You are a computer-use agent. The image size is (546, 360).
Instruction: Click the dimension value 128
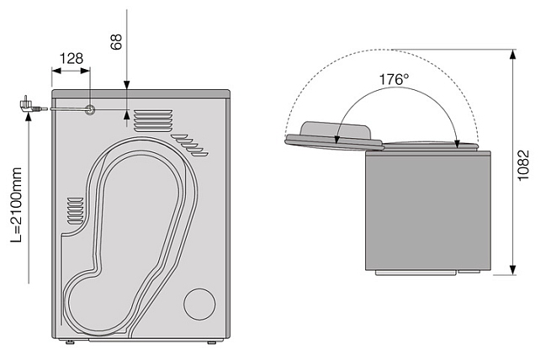72,59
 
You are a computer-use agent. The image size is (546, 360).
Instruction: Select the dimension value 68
116,42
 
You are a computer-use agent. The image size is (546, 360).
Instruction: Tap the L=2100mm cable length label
16,205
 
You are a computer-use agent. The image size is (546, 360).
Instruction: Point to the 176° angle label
394,79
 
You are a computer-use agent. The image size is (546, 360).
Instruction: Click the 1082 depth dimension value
523,165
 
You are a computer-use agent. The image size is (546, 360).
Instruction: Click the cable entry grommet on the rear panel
90,109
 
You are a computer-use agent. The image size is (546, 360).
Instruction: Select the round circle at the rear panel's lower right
199,304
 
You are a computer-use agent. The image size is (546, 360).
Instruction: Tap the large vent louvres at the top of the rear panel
153,121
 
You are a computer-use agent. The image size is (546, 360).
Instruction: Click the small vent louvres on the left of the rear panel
75,210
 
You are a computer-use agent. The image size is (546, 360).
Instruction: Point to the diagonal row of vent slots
190,145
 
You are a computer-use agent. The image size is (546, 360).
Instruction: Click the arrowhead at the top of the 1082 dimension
512,55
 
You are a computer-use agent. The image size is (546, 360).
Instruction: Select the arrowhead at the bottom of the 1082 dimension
512,270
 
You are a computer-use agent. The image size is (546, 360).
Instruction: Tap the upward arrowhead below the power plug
29,116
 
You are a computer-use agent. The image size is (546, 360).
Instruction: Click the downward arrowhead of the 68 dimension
126,85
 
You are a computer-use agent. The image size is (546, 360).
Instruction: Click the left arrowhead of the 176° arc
337,140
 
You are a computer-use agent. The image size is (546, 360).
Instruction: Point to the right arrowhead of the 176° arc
458,144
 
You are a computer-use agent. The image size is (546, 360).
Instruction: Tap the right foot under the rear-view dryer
212,342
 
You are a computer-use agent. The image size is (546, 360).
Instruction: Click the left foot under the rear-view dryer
70,342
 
